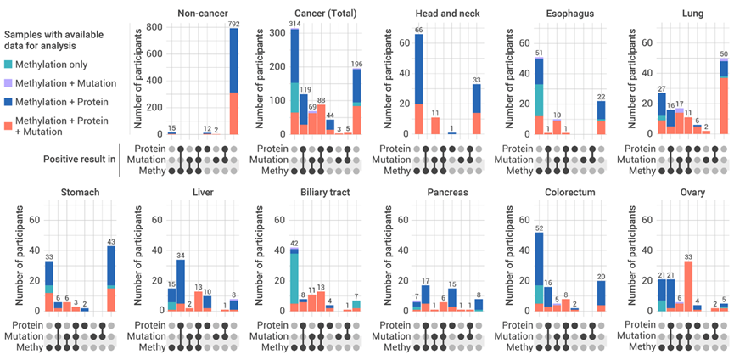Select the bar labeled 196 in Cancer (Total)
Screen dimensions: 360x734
click(356, 101)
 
